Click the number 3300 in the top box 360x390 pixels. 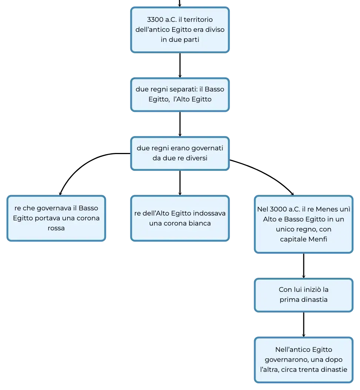point(155,20)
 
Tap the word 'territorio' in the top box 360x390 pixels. point(198,20)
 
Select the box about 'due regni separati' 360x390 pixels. point(180,94)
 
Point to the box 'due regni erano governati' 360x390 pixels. point(180,153)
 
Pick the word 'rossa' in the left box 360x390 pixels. point(56,228)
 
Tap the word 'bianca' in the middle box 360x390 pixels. point(199,223)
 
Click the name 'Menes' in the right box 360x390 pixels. point(326,209)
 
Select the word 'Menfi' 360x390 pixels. point(317,239)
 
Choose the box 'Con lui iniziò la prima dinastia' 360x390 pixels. point(304,295)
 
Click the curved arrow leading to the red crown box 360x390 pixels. point(82,164)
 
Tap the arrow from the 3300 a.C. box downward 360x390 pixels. point(180,65)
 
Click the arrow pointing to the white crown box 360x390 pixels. point(180,183)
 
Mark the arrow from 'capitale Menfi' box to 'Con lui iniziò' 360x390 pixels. point(304,266)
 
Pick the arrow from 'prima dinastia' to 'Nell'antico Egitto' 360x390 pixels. point(304,324)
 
